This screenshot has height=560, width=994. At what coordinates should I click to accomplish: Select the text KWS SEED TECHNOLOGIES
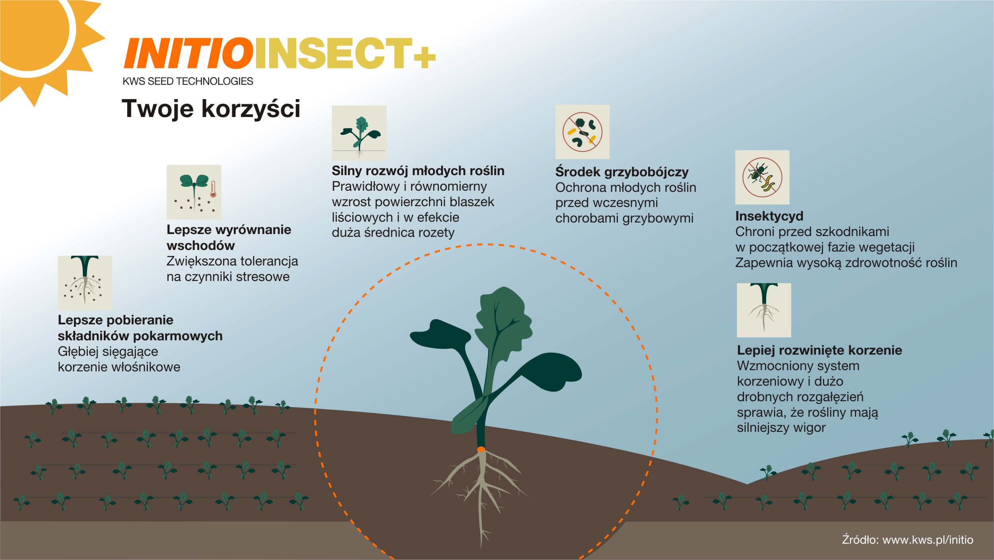coord(188,81)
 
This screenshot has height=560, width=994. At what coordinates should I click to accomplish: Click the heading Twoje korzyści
coord(211,108)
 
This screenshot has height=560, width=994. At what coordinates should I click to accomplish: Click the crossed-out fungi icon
coord(582,132)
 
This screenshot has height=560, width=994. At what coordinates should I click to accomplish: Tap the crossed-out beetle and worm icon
coord(762,177)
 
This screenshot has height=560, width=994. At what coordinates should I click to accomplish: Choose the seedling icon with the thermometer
coord(194,192)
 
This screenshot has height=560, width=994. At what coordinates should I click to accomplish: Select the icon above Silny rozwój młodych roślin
coord(359,133)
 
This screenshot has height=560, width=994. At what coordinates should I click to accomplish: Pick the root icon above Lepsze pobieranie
coord(85,283)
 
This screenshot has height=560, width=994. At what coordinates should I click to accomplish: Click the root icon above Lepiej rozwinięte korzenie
coord(764,310)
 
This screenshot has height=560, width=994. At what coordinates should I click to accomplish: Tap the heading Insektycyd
coord(769,216)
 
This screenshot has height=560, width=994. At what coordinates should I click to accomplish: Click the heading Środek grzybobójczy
coord(622,172)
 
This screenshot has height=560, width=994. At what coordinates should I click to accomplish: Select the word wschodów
coord(201,246)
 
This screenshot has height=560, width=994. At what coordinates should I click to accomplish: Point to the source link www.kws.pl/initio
coord(928,540)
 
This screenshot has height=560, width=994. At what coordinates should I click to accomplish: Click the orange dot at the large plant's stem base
coord(481,449)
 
